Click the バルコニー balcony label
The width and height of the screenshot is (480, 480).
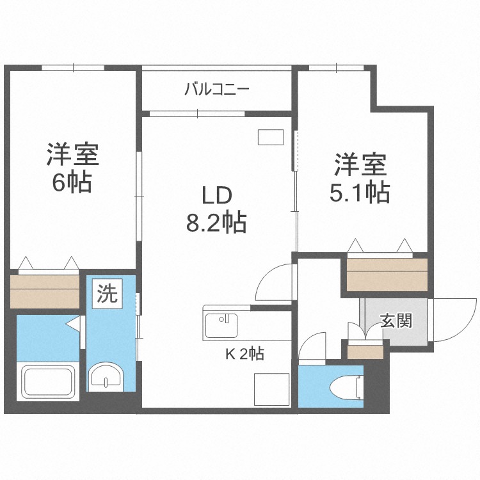[x=217, y=90]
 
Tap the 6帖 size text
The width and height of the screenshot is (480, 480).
[x=72, y=184]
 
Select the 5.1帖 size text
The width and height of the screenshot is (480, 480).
[x=360, y=192]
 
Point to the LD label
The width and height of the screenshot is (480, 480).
[x=216, y=195]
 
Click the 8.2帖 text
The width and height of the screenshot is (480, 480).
[x=216, y=223]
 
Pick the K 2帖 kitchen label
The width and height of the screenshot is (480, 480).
[x=244, y=352]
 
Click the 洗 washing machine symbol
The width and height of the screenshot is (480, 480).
[x=108, y=294]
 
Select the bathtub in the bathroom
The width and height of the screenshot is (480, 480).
[x=50, y=381]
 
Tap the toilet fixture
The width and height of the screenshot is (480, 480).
[x=347, y=387]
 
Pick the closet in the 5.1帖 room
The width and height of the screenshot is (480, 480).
[x=387, y=274]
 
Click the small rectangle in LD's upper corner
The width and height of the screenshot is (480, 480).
[x=270, y=137]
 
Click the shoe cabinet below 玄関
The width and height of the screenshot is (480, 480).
[x=365, y=351]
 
